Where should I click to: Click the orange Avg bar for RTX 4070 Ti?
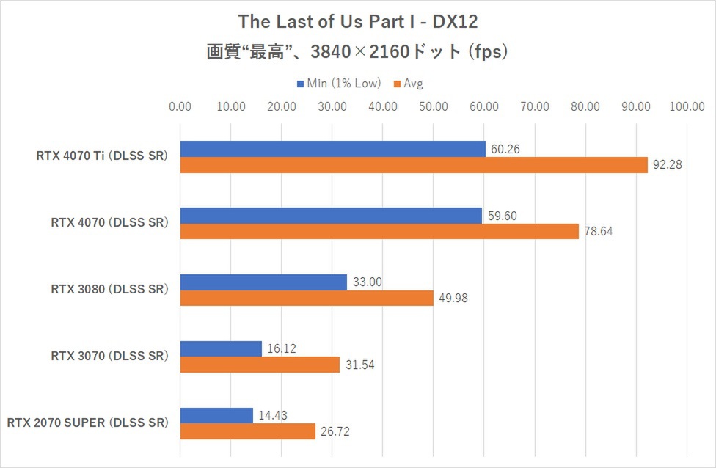coord(414,165)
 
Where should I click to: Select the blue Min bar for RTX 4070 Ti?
coord(332,149)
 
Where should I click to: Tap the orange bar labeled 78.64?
coord(379,232)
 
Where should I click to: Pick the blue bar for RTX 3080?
coord(263,282)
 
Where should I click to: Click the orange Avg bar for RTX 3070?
coord(260,365)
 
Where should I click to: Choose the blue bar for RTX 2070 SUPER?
coord(216,415)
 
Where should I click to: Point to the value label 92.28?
coord(667,165)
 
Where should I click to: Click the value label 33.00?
coord(367,282)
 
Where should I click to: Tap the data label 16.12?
coord(282,348)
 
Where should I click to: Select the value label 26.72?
coord(335,431)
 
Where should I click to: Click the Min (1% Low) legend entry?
coord(338,83)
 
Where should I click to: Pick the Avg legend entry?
coord(409,83)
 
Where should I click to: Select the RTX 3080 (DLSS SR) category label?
coord(109,290)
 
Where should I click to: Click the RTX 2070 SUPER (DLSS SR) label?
coord(87,423)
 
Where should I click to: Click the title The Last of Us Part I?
coord(358,21)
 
